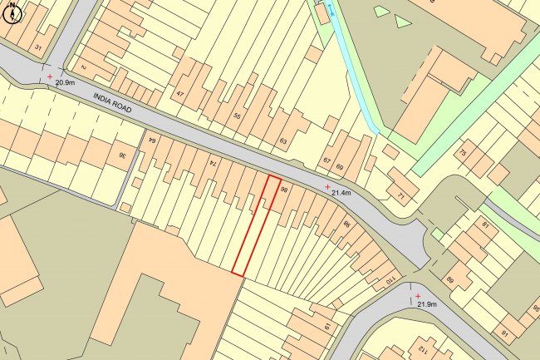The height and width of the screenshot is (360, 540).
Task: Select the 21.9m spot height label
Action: coord(428,304)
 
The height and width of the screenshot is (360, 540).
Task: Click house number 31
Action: coord(38,47)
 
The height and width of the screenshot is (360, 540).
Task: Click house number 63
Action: coord(283,142)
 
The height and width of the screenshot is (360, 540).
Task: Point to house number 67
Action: coord(326,161)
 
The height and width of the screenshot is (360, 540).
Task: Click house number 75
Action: coord(462,155)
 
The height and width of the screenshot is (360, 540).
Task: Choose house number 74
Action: coord(213,163)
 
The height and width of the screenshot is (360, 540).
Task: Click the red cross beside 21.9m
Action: coord(418,296)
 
